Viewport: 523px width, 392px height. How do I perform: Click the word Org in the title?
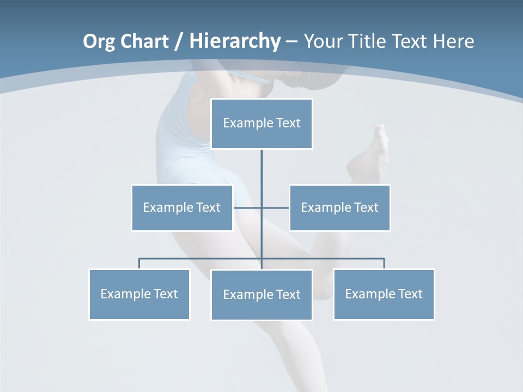(x=100, y=41)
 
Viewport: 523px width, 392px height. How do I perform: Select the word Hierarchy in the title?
(x=235, y=41)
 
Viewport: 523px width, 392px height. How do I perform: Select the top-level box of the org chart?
(x=261, y=124)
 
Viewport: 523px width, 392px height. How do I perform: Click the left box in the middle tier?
(x=182, y=207)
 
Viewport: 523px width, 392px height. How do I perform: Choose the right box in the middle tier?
(x=340, y=207)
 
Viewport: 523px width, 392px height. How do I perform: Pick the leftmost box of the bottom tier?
(x=139, y=294)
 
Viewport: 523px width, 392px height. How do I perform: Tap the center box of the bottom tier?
(x=261, y=295)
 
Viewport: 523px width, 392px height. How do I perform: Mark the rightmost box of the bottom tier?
(x=384, y=294)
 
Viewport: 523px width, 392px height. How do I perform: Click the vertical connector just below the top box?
(x=261, y=169)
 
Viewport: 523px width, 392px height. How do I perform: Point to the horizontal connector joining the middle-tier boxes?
(x=248, y=207)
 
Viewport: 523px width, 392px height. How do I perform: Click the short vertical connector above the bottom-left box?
(x=139, y=264)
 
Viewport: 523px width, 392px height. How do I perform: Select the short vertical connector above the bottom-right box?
(x=384, y=264)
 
